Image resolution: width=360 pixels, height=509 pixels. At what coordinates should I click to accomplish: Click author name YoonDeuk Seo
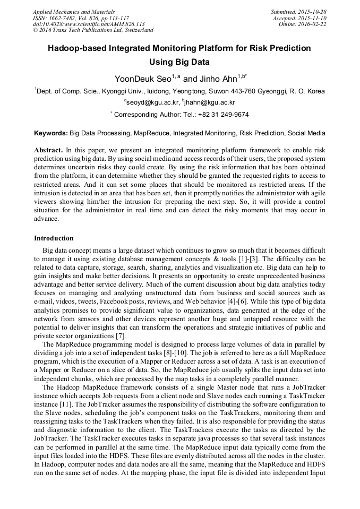(x=143, y=79)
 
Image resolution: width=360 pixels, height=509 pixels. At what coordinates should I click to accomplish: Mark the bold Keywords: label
(x=50, y=133)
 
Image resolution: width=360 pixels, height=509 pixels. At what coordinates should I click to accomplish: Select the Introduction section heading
(x=54, y=238)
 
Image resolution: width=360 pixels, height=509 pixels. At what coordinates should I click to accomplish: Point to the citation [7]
(x=121, y=335)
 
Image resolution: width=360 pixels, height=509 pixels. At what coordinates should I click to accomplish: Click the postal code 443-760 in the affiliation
(x=254, y=91)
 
